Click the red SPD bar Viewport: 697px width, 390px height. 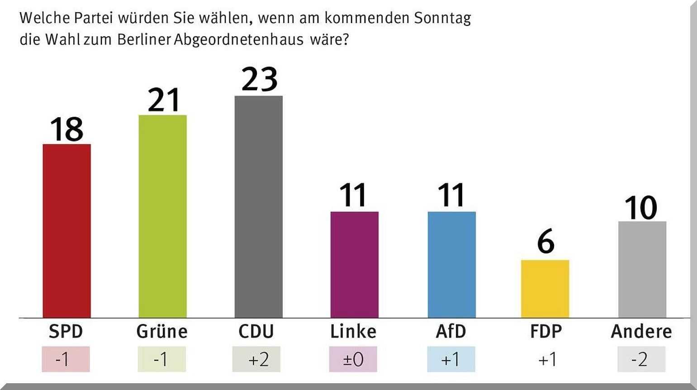point(66,231)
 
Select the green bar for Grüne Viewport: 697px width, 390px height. point(162,216)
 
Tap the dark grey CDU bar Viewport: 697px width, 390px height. point(258,207)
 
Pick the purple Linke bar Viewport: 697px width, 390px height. point(354,265)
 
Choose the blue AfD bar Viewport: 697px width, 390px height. point(451,265)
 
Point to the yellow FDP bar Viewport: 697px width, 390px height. point(545,289)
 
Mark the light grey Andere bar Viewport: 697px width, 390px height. point(642,270)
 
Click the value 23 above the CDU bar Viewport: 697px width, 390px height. point(259,80)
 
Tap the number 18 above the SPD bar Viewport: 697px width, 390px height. point(66,129)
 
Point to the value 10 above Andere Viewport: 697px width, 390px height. point(641,208)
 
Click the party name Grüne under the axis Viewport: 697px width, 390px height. point(162,332)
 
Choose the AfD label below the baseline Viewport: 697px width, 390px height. point(451,332)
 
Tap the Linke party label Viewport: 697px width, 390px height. point(353,332)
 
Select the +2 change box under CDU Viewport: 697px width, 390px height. point(256,359)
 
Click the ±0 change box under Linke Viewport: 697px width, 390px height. point(353,359)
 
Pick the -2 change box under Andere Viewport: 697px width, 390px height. point(641,359)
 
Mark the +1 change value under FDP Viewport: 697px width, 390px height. point(547,359)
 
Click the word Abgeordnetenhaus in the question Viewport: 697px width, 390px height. point(239,40)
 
